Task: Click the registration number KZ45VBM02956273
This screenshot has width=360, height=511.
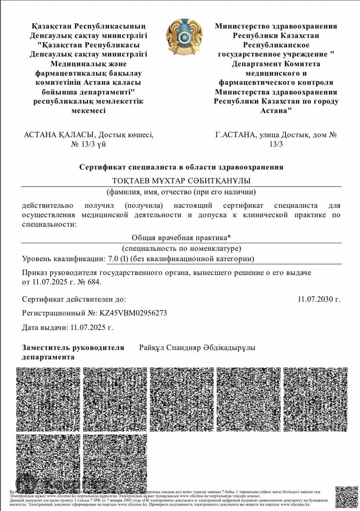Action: pos(133,313)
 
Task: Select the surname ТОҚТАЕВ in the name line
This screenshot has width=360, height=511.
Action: pos(132,181)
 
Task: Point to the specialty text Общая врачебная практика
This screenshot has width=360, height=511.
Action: pos(180,238)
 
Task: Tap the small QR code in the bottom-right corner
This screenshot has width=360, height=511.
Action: pos(346,496)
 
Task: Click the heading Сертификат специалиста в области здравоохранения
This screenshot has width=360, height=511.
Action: pos(181,167)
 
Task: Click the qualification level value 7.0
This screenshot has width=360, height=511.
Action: pos(114,258)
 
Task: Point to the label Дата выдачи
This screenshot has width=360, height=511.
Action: pos(44,327)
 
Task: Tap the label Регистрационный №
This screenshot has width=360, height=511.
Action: pos(60,313)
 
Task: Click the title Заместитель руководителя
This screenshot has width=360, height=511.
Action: pos(73,348)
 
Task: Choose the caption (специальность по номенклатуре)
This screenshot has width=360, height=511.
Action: pos(181,248)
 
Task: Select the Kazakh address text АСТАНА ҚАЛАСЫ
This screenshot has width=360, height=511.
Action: pos(59,135)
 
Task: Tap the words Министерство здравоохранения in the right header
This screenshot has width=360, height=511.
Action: pos(276,26)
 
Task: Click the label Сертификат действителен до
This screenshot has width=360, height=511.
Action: pos(74,299)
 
